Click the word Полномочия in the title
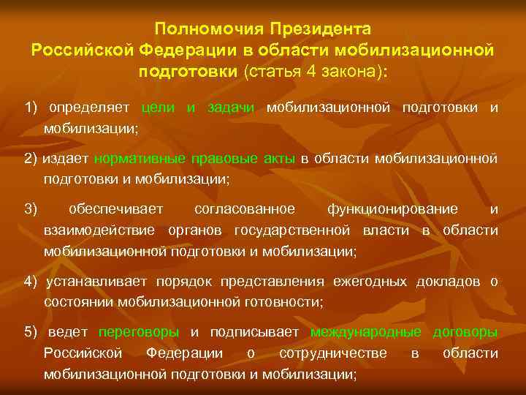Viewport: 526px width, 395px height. [x=210, y=29]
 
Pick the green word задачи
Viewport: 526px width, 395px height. [x=230, y=108]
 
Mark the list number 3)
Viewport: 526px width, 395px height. [x=31, y=209]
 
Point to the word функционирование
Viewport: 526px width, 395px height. [x=393, y=209]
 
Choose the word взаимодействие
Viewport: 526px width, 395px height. [x=99, y=230]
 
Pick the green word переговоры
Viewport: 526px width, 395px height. [x=138, y=332]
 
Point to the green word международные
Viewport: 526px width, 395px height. [x=366, y=332]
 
